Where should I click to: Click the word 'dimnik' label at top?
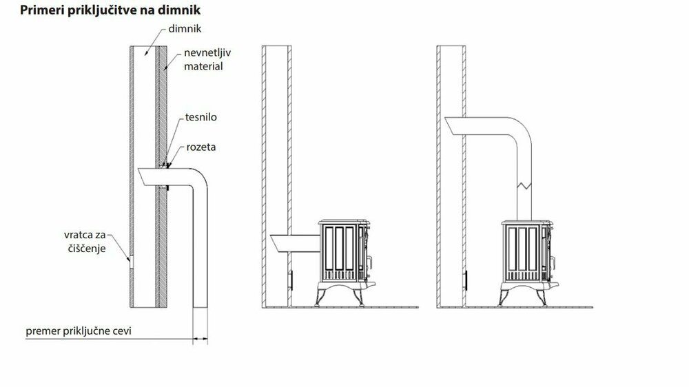pos(185,28)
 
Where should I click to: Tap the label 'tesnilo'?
pos(200,117)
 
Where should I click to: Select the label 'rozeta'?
pos(200,147)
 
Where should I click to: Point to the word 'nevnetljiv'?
pos(207,53)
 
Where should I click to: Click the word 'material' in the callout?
pos(203,66)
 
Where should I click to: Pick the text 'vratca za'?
pos(85,235)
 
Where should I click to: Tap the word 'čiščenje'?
pos(87,249)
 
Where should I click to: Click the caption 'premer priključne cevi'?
pos(79,331)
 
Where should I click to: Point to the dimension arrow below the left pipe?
pos(200,339)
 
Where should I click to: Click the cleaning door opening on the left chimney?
pos(130,262)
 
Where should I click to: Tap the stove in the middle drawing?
pos(346,262)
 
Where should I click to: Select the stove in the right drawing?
pos(528,262)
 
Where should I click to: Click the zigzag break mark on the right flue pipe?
pos(524,185)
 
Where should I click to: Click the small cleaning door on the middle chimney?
pos(291,280)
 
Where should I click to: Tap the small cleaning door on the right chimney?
pos(465,280)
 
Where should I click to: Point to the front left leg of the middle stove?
pos(320,297)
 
